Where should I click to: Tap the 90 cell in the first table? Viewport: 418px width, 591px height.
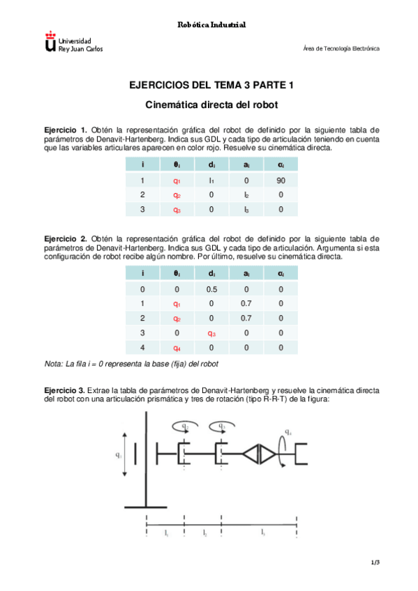click(281, 179)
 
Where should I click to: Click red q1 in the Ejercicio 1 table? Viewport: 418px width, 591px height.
click(177, 179)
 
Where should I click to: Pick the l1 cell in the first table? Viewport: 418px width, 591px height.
click(211, 179)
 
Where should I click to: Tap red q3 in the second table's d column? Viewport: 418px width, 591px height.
click(211, 332)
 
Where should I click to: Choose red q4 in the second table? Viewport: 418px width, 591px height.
click(177, 348)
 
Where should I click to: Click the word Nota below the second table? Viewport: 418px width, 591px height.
click(53, 364)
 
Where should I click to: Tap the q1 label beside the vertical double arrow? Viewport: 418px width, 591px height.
click(119, 456)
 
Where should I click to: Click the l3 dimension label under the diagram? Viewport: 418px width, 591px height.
click(262, 532)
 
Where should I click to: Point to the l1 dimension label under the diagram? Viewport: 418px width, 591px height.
click(165, 532)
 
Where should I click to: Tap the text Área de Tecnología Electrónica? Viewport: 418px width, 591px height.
click(341, 49)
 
